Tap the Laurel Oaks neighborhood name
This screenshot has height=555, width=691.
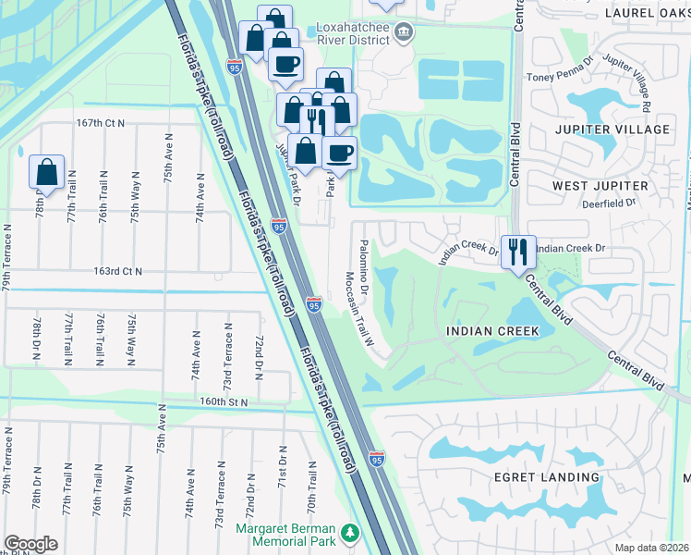click(647, 13)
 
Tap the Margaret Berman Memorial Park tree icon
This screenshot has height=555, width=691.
click(349, 534)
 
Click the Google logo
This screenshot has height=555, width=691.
click(30, 543)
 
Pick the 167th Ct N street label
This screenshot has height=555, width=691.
click(101, 122)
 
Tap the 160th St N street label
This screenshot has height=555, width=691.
click(224, 402)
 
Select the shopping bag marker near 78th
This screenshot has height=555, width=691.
click(46, 172)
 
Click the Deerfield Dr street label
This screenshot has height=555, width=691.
click(608, 203)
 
